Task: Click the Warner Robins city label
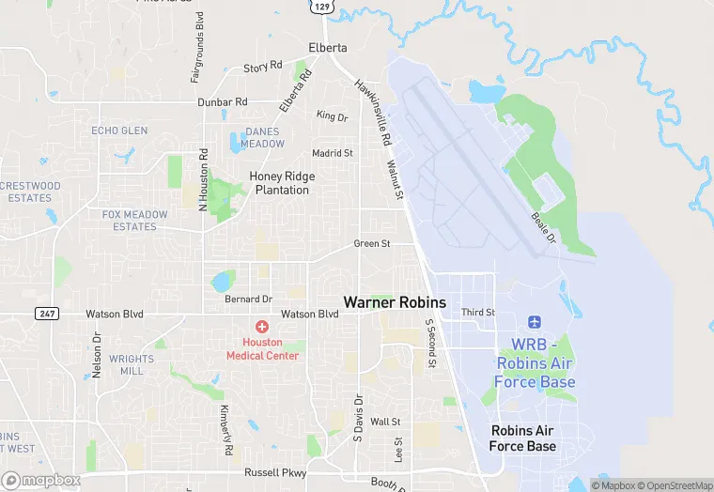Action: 395,302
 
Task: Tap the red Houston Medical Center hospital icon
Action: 262,326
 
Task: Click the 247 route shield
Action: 47,313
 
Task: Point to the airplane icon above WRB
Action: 535,323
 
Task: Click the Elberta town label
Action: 328,48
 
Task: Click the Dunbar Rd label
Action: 222,101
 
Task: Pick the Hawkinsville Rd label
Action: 372,112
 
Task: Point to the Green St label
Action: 371,244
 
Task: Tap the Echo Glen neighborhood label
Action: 119,131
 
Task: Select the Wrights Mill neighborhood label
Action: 132,364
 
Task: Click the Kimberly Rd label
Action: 227,431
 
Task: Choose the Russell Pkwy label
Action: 275,473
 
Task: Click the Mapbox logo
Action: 40,480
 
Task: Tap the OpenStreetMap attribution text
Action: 675,484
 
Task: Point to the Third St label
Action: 477,312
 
